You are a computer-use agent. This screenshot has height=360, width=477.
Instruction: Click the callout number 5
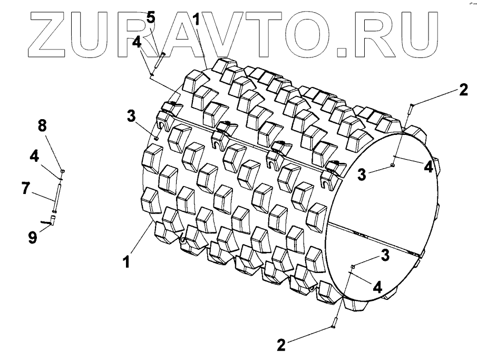tap(151, 18)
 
